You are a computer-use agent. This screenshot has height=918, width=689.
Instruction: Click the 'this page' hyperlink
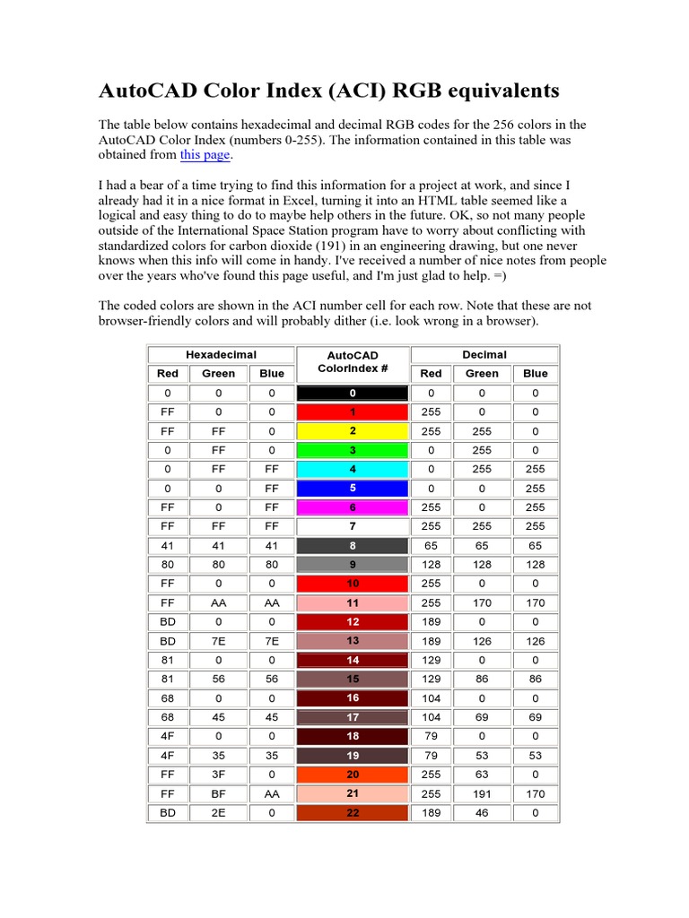pos(205,155)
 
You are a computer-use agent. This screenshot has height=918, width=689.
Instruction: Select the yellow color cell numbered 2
pos(353,430)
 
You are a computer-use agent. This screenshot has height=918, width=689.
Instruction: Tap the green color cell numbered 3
pos(353,450)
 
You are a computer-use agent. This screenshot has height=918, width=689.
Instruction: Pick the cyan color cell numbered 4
pos(353,469)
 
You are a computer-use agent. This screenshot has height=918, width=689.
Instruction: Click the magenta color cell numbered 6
pos(353,507)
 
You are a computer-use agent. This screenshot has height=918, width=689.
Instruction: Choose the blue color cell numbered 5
pos(353,489)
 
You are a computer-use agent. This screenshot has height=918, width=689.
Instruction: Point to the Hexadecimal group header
pos(221,355)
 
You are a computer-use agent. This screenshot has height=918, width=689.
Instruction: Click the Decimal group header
pos(484,355)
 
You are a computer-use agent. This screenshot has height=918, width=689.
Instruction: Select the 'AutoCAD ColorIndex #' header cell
pos(353,362)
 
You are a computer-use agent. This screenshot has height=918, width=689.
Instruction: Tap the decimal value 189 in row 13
pos(431,641)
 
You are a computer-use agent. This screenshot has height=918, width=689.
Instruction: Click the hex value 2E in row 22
pos(218,813)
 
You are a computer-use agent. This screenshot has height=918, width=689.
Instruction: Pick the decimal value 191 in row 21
pos(482,794)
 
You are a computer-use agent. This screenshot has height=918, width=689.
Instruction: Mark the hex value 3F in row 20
pos(218,775)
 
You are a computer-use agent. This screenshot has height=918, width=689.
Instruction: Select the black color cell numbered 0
pos(353,393)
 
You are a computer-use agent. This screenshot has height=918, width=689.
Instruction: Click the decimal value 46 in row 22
pos(482,813)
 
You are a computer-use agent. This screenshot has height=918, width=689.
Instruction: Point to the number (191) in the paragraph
pos(414,245)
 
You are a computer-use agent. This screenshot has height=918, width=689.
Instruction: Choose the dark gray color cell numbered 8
pos(353,545)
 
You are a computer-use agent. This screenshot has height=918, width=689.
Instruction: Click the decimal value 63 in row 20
pos(482,775)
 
